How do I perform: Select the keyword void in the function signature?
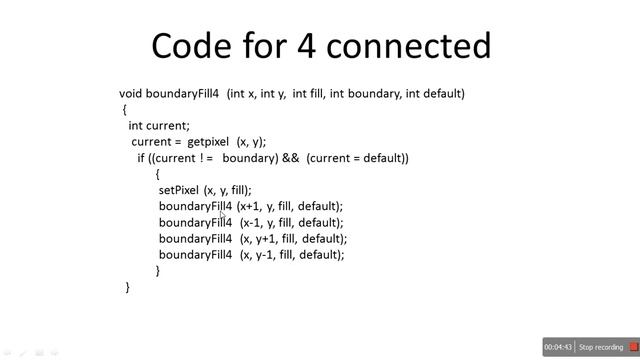point(131,94)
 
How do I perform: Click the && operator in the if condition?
point(292,158)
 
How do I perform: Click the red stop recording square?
point(632,347)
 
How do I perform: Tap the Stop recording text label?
point(600,347)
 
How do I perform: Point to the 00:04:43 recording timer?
point(558,347)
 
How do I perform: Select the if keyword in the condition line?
point(141,158)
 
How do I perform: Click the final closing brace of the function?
point(128,287)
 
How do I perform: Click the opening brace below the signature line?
point(125,110)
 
